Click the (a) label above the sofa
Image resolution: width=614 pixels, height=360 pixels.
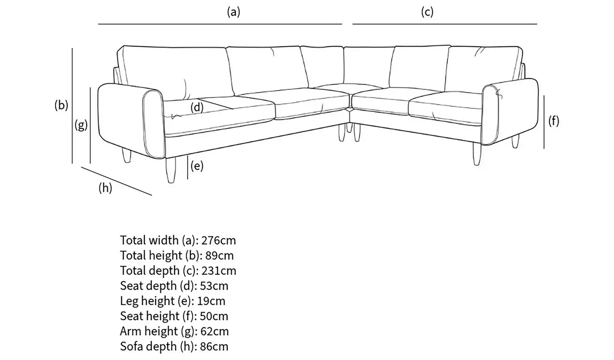point(234,12)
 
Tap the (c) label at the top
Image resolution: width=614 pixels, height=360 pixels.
point(427,12)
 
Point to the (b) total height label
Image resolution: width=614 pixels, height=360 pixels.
point(61,105)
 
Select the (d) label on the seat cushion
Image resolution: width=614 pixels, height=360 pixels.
point(197,108)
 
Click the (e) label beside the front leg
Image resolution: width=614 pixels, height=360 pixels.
point(197,166)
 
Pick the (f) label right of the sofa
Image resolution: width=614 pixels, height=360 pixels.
point(554,121)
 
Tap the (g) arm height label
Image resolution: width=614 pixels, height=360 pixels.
point(81,126)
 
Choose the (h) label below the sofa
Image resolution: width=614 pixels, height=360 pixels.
point(106,188)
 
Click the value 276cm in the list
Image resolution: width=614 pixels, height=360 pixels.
point(219,240)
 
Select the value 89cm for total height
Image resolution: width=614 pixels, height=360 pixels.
point(219,255)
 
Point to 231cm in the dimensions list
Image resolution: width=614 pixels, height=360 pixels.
point(219,271)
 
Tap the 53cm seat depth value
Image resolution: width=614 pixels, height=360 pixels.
point(214,286)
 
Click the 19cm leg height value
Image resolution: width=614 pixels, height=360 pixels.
point(211,301)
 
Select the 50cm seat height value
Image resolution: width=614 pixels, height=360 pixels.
point(214,316)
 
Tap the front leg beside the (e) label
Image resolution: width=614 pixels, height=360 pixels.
point(171,170)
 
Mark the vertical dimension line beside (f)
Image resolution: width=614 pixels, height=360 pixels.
point(544,122)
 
